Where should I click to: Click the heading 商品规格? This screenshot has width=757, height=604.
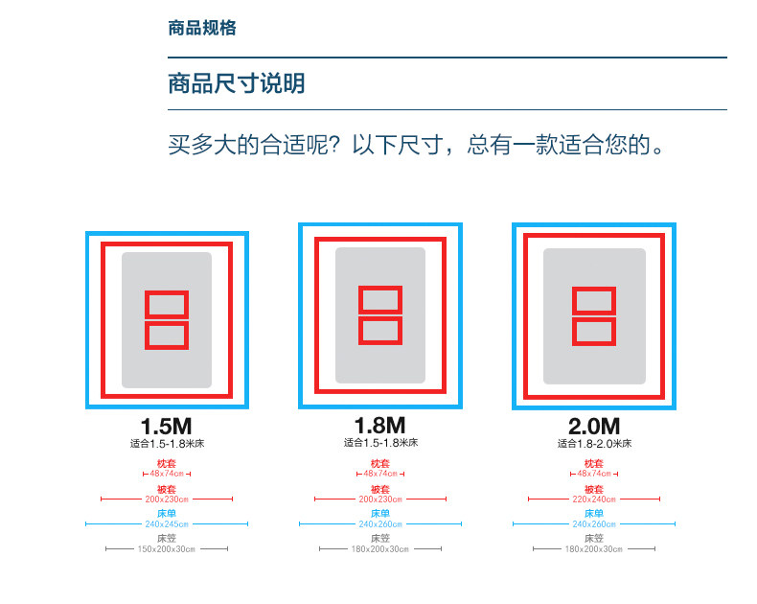coord(201,28)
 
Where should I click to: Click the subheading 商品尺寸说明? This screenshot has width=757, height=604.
coord(236,83)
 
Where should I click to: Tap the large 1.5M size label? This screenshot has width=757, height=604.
coord(167,427)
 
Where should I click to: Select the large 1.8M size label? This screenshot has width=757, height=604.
coord(380,425)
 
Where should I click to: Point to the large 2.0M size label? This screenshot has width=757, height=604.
coord(594,427)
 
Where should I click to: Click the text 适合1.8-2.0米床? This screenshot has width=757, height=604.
coord(594,444)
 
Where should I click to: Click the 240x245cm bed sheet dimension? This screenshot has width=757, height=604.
coord(167,524)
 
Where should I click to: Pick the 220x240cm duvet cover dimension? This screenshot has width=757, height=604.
coord(594,499)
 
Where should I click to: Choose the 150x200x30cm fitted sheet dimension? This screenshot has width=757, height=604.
coord(167,549)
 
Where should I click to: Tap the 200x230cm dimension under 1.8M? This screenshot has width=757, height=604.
coord(380,499)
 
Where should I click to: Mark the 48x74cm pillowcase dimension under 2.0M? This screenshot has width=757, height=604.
coord(594,474)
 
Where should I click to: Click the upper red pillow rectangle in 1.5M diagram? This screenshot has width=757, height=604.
coord(167,305)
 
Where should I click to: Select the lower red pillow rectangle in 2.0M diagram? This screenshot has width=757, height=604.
coord(594,331)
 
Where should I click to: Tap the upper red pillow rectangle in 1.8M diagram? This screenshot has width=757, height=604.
coord(380,299)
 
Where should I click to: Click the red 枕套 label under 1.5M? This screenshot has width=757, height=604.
coord(167,464)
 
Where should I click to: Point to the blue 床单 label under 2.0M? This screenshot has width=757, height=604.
coord(594,514)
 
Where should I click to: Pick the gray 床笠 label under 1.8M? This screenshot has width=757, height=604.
coord(380,539)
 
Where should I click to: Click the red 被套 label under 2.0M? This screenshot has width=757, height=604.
coord(594,489)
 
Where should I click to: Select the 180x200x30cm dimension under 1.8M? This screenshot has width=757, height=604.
coord(380,549)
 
